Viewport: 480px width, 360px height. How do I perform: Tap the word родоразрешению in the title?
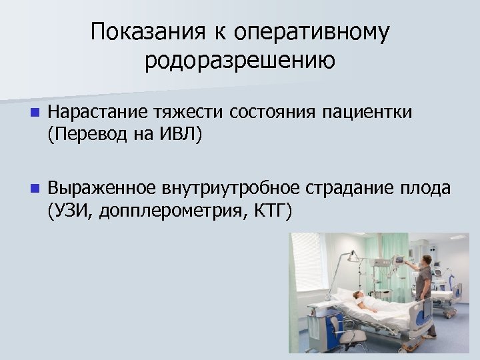click(x=240, y=61)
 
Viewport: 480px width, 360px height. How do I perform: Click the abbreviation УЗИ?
click(x=67, y=213)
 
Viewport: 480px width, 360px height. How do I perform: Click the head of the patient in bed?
click(x=359, y=294)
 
